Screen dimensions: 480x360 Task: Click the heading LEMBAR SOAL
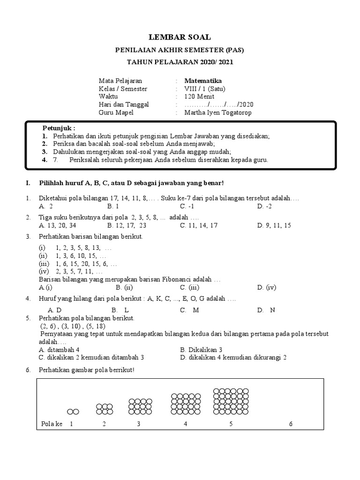click(180, 37)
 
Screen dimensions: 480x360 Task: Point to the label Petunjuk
click(59, 128)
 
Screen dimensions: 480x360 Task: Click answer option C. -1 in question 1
click(187, 206)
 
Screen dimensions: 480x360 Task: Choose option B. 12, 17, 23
click(127, 225)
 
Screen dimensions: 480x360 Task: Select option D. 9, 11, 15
click(274, 225)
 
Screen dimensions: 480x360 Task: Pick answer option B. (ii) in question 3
click(126, 287)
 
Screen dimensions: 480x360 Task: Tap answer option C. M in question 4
click(189, 310)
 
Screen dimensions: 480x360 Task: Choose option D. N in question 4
click(266, 310)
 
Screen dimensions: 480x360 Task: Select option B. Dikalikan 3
click(201, 350)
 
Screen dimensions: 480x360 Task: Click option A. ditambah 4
click(60, 350)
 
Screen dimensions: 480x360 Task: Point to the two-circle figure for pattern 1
click(73, 412)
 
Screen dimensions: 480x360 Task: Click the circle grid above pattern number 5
click(231, 402)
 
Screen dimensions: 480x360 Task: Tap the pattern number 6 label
click(291, 424)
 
